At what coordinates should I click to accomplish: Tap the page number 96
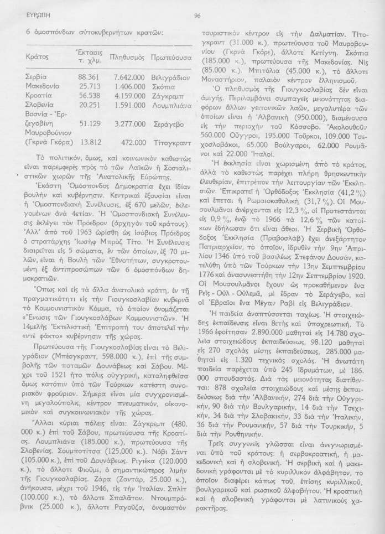pyautogui.click(x=197, y=15)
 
